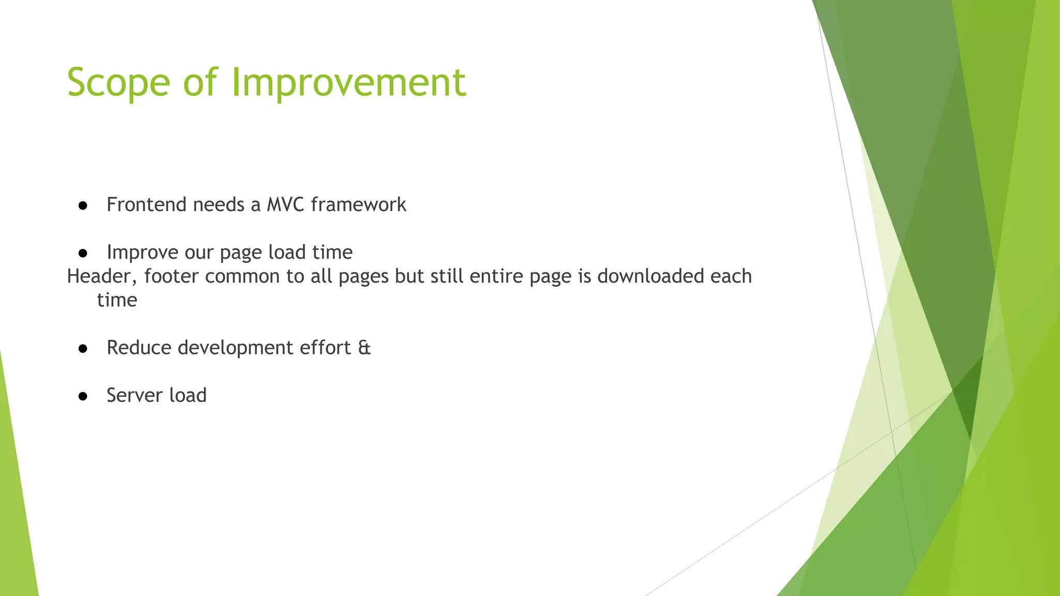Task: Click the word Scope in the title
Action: point(119,83)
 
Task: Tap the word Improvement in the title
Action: point(348,83)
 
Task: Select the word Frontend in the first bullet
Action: point(146,205)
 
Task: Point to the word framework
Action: point(358,205)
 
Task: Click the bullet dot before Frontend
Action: point(83,206)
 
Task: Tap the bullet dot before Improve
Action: point(83,254)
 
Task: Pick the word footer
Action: point(171,276)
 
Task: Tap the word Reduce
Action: point(139,348)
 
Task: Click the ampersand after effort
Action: point(364,348)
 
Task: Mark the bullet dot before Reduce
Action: point(83,349)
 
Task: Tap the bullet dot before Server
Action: point(83,397)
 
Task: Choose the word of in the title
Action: point(200,83)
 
